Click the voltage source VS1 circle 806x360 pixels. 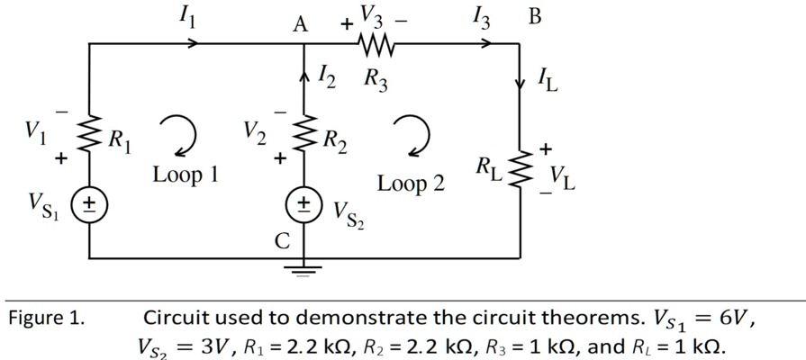coord(90,203)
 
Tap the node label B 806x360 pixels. coord(534,16)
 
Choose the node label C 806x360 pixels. coord(283,240)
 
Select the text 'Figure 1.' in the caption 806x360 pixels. coord(46,319)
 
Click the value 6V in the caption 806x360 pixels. coord(732,318)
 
